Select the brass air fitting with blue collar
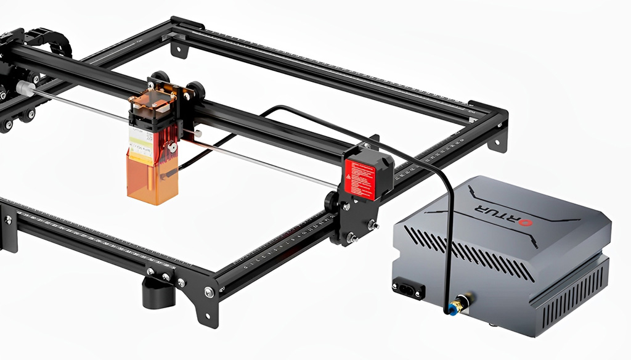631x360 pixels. click(459, 303)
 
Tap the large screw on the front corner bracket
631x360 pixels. click(209, 292)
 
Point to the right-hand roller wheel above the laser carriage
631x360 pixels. click(197, 89)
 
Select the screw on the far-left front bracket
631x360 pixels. click(8, 219)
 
